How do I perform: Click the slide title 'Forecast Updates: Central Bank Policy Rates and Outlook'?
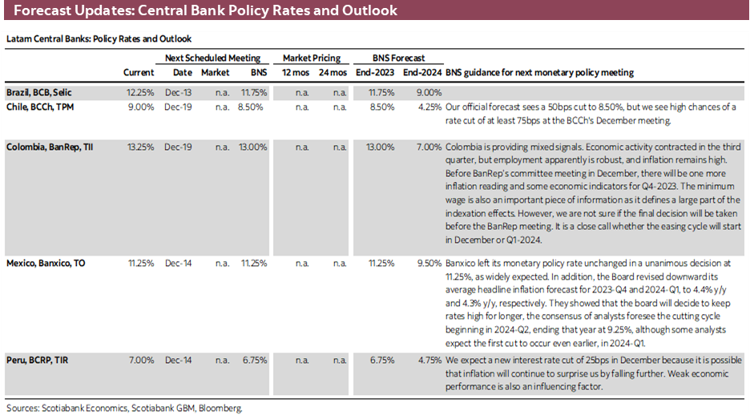tap(205, 12)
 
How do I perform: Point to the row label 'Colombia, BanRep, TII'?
tap(50, 147)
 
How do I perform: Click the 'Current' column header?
tap(139, 73)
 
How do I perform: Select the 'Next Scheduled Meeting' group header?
tap(212, 58)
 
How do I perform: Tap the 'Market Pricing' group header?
tap(312, 58)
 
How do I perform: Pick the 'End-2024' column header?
tap(422, 73)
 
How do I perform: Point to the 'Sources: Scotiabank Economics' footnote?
tap(123, 408)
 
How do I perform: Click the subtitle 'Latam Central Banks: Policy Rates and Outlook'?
tap(99, 38)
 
